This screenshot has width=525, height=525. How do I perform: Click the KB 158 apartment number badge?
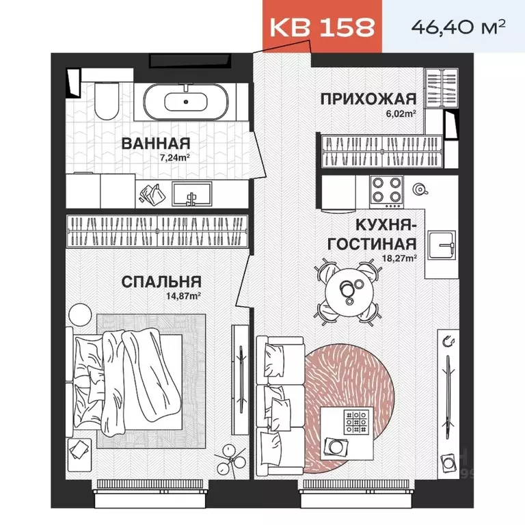pyautogui.click(x=322, y=27)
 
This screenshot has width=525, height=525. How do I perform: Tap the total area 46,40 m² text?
pyautogui.click(x=458, y=27)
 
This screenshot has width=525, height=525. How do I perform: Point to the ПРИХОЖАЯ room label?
pyautogui.click(x=368, y=98)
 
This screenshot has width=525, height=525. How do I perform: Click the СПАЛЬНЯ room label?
pyautogui.click(x=161, y=282)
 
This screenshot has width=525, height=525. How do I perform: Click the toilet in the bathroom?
pyautogui.click(x=107, y=101)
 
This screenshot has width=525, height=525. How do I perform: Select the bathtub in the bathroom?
pyautogui.click(x=187, y=101)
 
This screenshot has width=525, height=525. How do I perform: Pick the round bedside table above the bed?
pyautogui.click(x=80, y=314)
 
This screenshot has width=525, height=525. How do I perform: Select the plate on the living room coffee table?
pyautogui.click(x=337, y=445)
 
